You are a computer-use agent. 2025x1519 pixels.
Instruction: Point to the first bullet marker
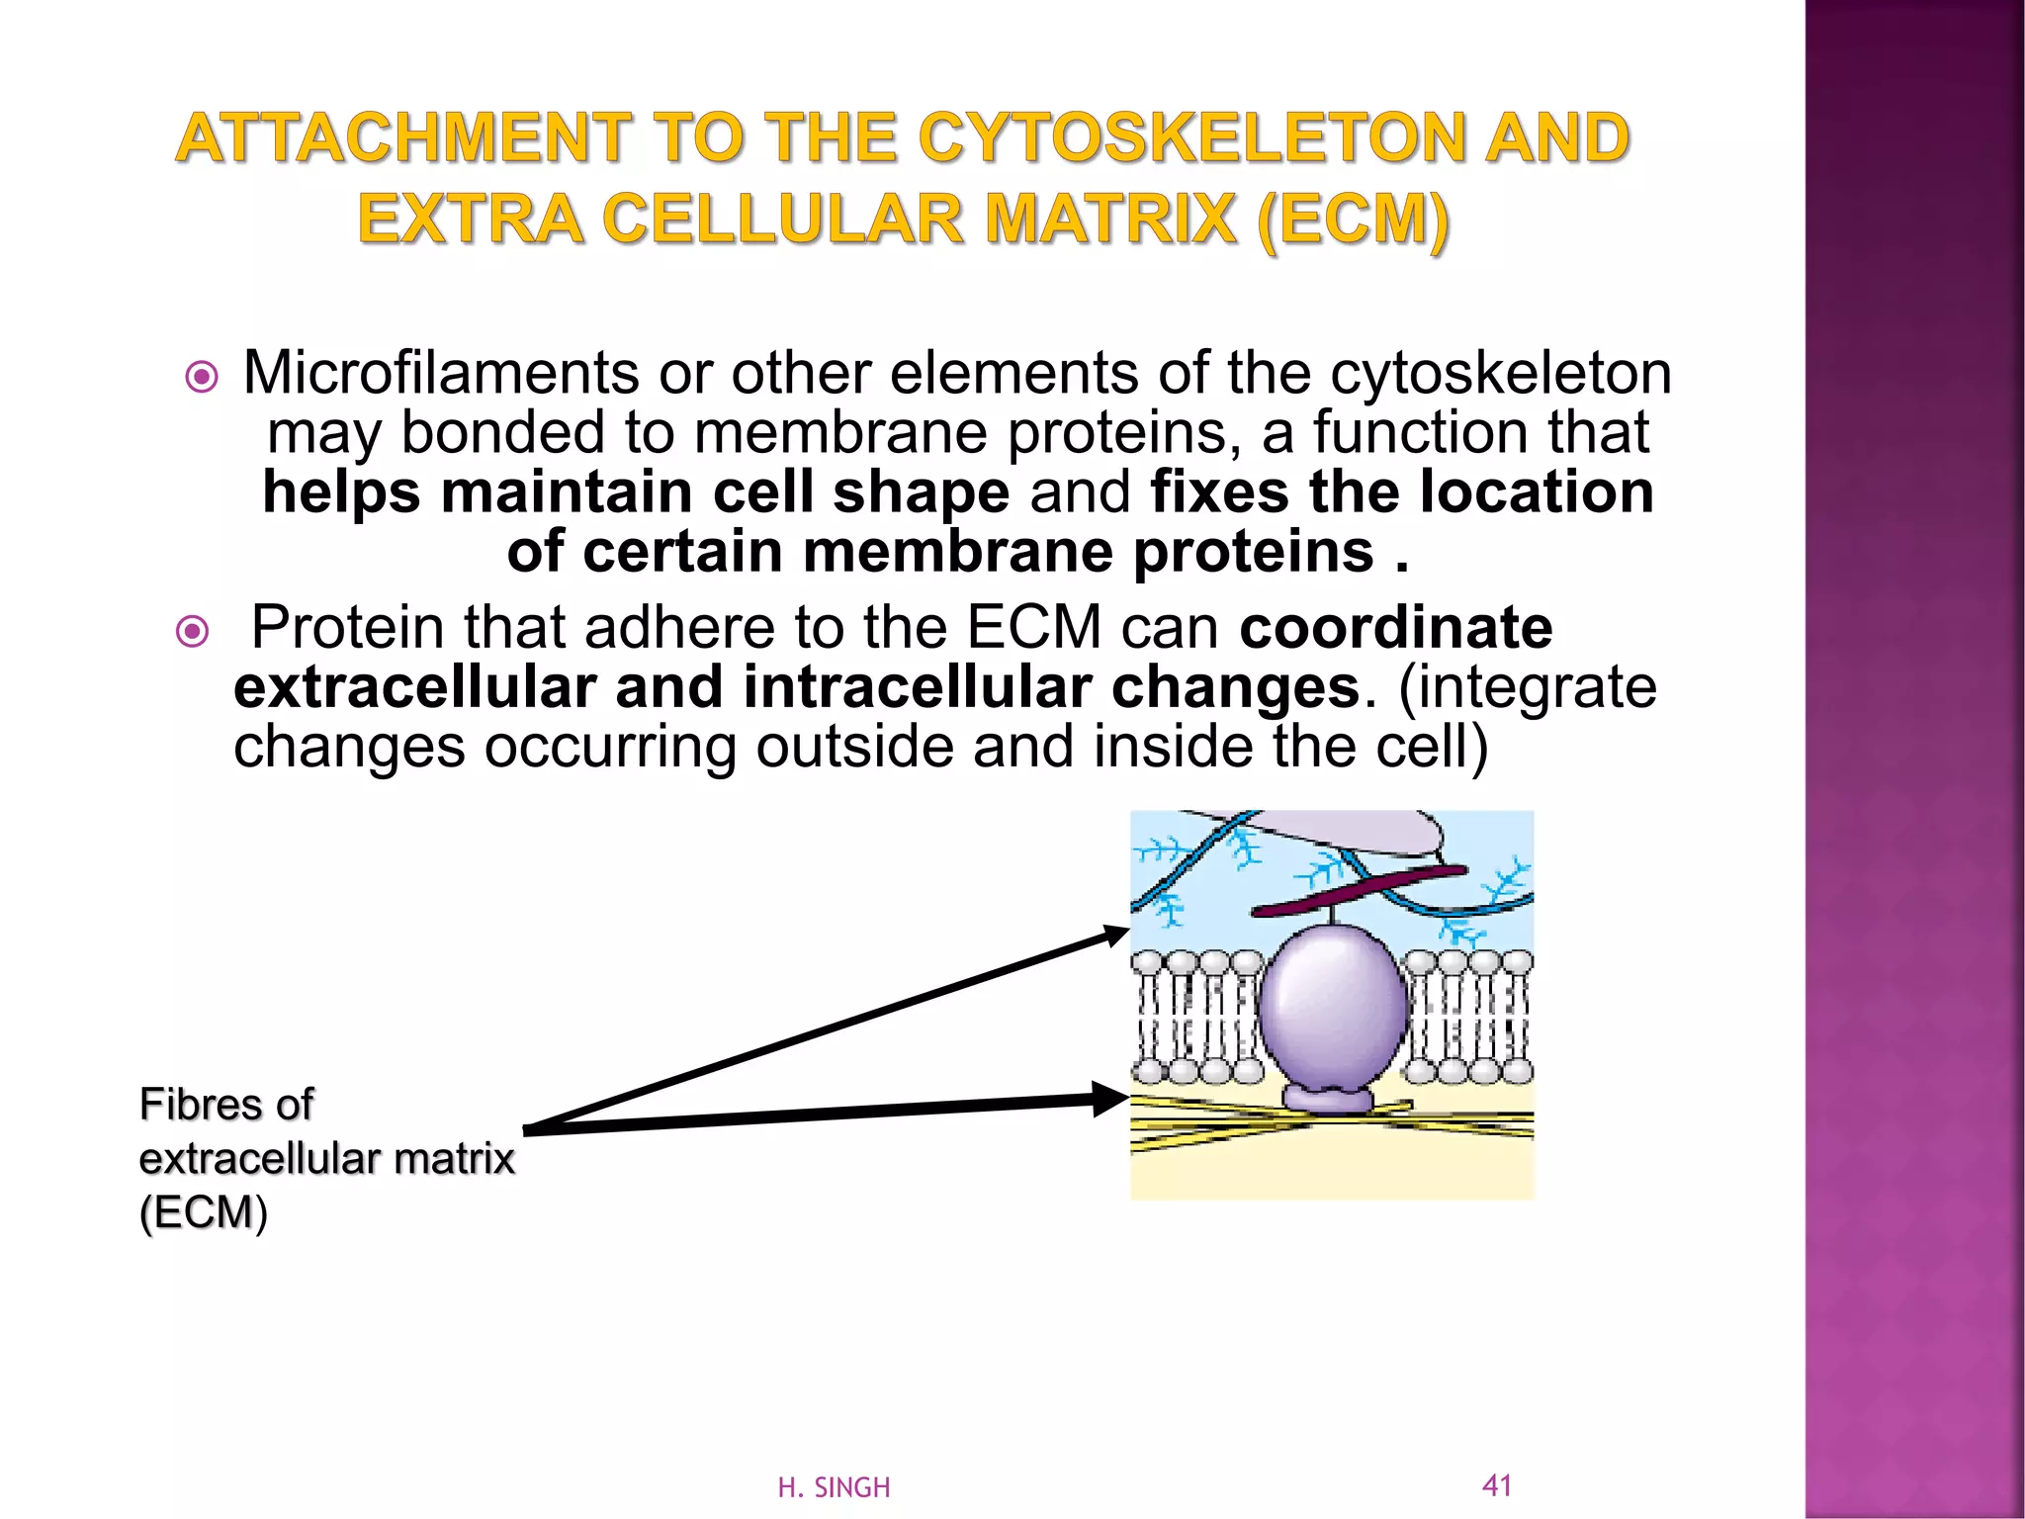pos(202,377)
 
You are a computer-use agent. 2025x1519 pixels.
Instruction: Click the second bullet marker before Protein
pos(192,631)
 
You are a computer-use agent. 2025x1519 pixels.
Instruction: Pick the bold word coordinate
pos(1395,628)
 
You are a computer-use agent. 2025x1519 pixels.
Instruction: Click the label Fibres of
pos(226,1105)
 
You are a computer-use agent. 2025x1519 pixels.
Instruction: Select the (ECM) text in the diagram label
pos(204,1212)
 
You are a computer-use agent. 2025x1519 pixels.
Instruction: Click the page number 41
pos(1497,1484)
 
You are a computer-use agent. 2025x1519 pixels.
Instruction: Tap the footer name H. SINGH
pos(834,1487)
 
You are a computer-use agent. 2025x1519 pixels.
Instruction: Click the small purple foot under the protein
pos(1328,1099)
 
